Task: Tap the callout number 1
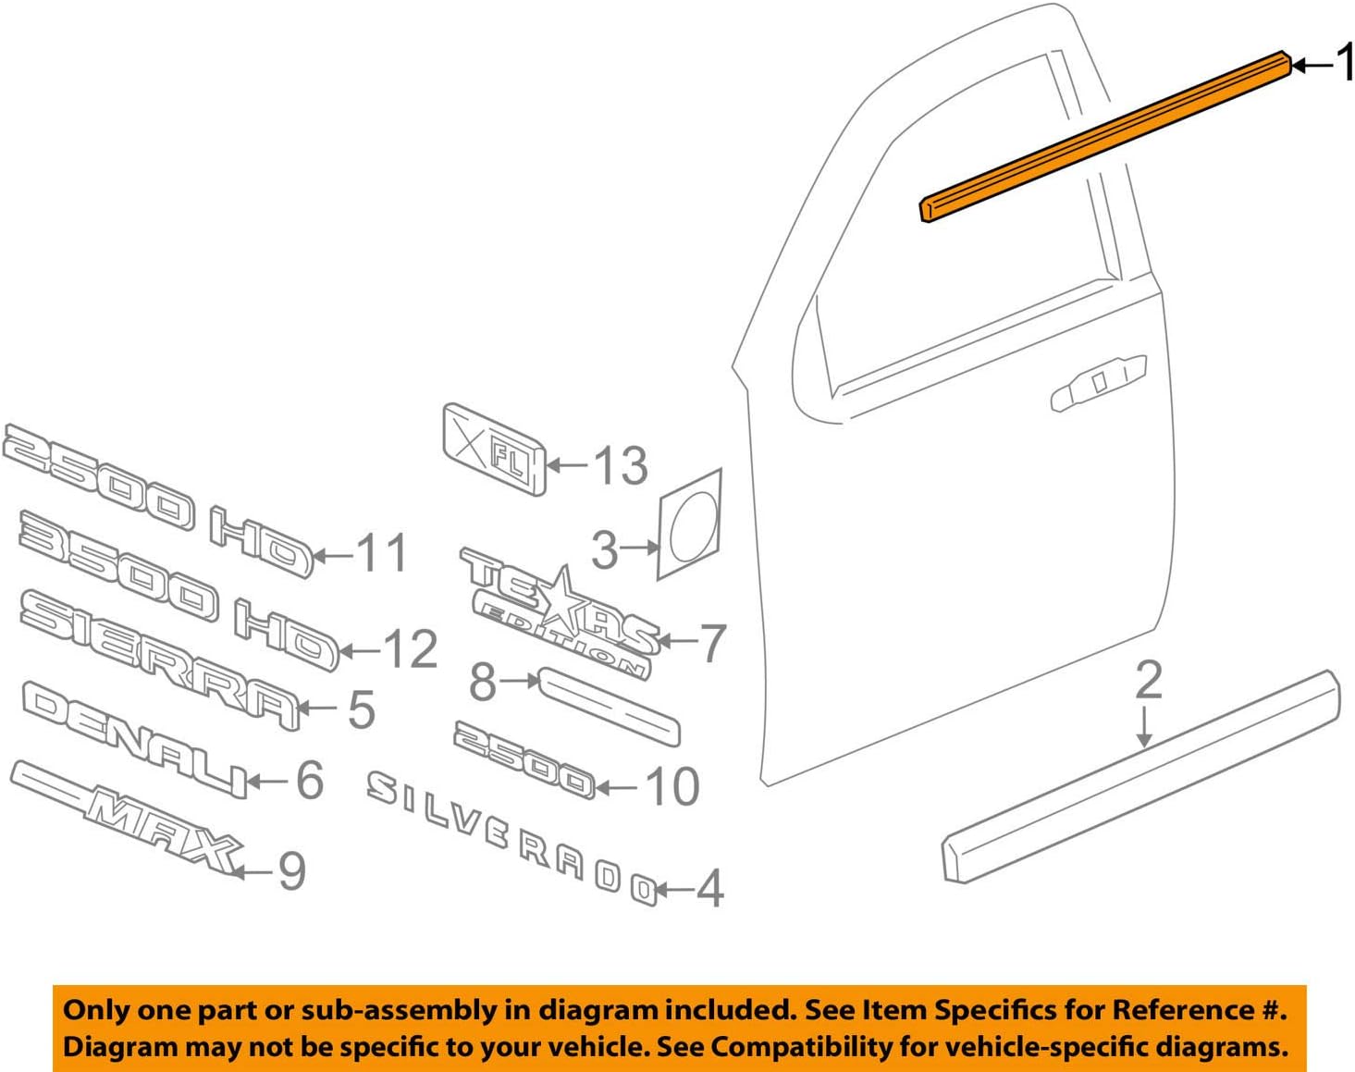pos(1344,63)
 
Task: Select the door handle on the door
pos(1098,382)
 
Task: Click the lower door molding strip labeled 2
pos(1140,777)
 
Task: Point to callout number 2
pos(1148,681)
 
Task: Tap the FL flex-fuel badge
pos(494,449)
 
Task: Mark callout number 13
pos(620,465)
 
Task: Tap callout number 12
pos(410,649)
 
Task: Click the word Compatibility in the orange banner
pos(805,1047)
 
